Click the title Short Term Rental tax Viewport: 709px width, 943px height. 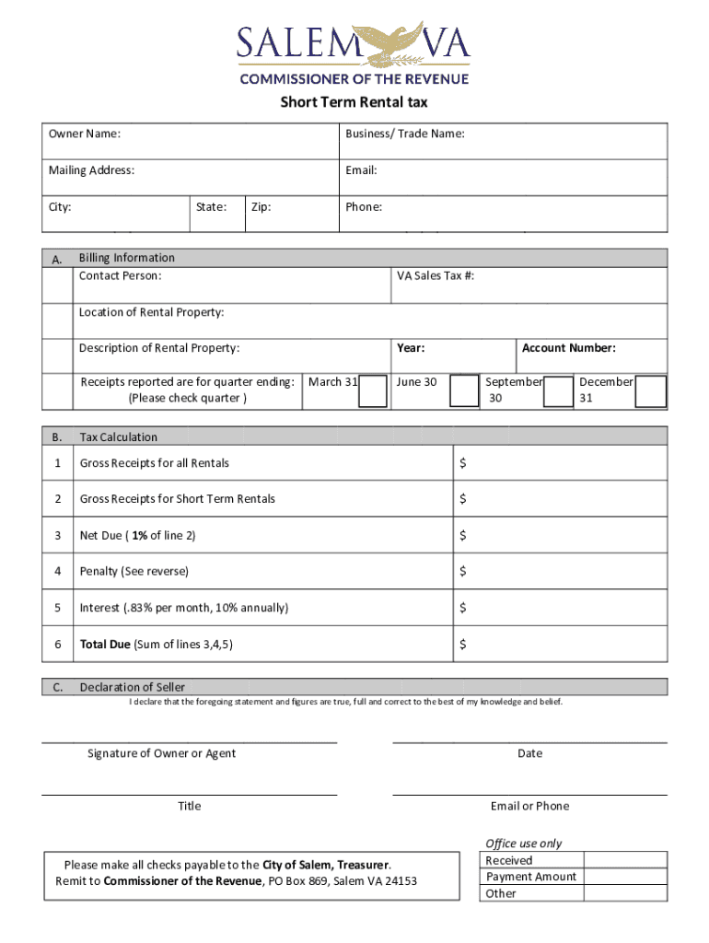(x=354, y=102)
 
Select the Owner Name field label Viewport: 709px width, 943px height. (x=84, y=134)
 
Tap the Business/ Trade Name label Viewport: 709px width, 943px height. (x=404, y=134)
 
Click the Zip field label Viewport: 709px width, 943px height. (x=261, y=207)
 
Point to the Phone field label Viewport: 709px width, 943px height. (x=364, y=207)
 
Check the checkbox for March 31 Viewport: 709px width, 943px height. (x=373, y=390)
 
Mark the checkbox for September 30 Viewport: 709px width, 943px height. (x=558, y=390)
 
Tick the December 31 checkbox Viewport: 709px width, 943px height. (x=651, y=390)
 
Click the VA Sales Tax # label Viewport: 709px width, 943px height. (x=436, y=275)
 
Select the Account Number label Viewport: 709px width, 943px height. (x=568, y=348)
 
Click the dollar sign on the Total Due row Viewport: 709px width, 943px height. (x=463, y=645)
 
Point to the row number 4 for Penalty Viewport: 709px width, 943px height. (x=57, y=572)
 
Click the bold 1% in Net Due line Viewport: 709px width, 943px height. (x=139, y=536)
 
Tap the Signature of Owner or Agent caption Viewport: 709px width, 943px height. (x=161, y=753)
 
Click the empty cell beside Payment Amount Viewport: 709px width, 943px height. (x=625, y=877)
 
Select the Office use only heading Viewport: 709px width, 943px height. (x=523, y=844)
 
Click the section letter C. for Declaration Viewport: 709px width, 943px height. (x=57, y=687)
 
